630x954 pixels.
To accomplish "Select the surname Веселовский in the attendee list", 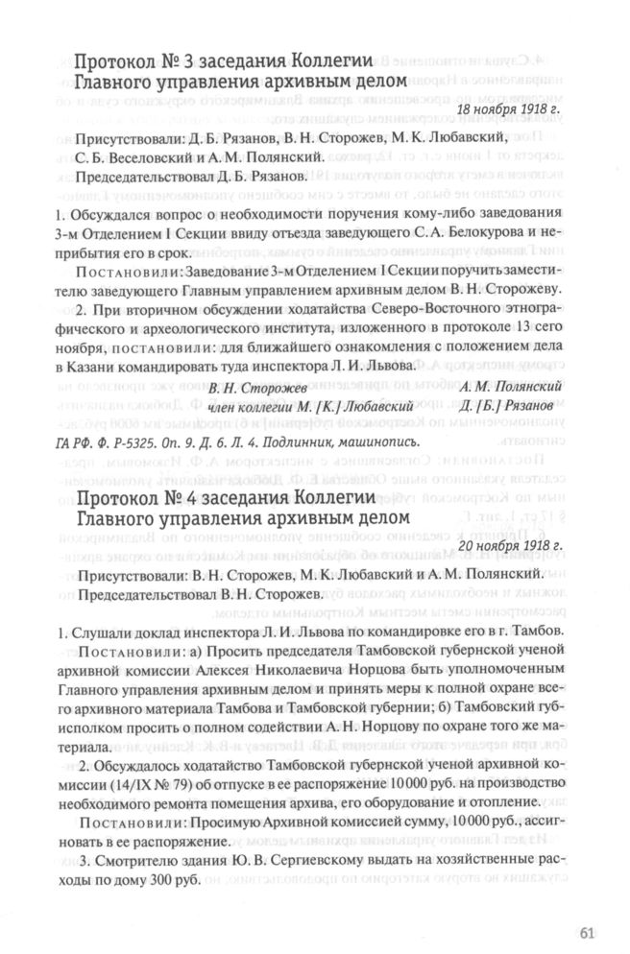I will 135,158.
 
